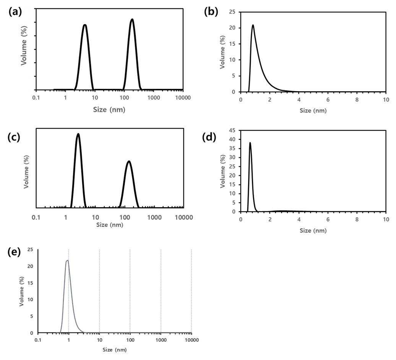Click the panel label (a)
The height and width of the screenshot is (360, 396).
tap(15, 12)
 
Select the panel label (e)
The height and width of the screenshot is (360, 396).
tap(14, 252)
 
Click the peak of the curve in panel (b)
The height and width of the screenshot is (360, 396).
tap(253, 25)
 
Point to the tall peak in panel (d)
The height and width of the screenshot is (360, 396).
tap(250, 143)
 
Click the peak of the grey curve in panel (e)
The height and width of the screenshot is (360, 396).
tap(67, 261)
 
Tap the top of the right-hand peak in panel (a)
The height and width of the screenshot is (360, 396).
tap(132, 19)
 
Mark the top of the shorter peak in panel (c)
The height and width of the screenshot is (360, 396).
tap(129, 161)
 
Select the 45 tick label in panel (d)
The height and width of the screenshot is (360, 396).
tap(232, 130)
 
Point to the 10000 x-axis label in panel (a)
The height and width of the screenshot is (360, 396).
tap(183, 98)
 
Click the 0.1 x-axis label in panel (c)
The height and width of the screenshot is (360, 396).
tap(36, 218)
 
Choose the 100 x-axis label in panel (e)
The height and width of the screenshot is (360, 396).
tap(130, 340)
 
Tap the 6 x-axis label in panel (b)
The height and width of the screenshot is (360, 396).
tap(328, 100)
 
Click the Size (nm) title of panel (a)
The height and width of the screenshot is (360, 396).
tap(109, 110)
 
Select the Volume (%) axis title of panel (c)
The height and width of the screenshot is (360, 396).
tap(26, 171)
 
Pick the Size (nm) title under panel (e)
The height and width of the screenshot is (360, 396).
tap(114, 350)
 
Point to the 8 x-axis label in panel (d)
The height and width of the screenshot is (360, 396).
tap(357, 220)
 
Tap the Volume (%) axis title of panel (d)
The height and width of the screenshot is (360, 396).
tap(222, 171)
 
